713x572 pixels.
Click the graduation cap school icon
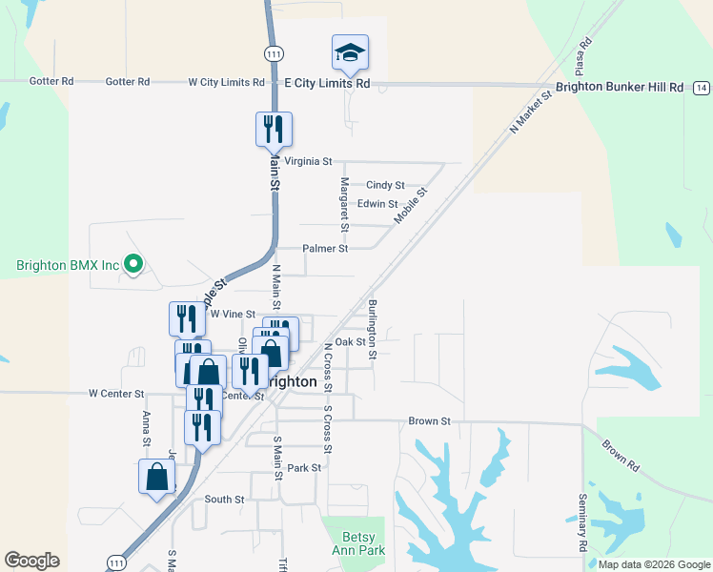click(x=350, y=53)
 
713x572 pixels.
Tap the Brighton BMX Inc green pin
click(x=134, y=264)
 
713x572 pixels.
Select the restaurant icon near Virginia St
click(x=274, y=129)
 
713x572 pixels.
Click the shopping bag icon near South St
click(x=157, y=477)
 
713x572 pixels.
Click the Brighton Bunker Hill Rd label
click(x=620, y=87)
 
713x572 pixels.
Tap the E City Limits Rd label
click(x=327, y=83)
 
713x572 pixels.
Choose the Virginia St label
click(x=302, y=162)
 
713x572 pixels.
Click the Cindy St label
click(x=386, y=185)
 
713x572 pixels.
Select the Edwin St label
click(x=377, y=204)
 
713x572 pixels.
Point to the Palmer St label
click(x=325, y=248)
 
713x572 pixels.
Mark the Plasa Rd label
click(x=582, y=57)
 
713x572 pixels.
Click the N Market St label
click(x=531, y=113)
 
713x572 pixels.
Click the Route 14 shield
click(x=702, y=88)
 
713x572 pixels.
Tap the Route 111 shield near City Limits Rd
click(x=275, y=54)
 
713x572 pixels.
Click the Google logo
click(x=31, y=561)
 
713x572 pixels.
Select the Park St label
click(x=305, y=468)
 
